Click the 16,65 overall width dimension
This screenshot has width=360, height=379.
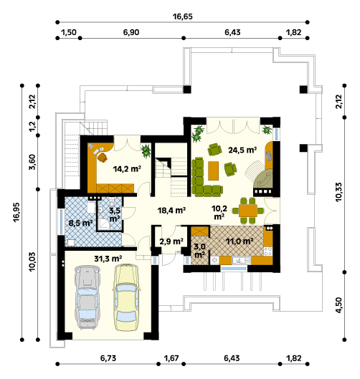coord(182,16)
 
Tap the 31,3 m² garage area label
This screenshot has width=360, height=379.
coord(108,259)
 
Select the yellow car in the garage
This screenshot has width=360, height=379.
coord(126,297)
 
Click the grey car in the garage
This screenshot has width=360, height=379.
coord(87,297)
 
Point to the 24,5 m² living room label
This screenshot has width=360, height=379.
coord(242,150)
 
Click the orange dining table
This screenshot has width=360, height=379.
coord(248,211)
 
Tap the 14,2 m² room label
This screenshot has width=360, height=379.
coord(127,168)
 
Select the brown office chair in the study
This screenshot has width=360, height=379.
coord(103,158)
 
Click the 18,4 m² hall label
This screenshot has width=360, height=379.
coord(171,211)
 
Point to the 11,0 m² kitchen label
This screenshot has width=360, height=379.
coord(240,241)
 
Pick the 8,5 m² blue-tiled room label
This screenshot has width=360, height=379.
coord(80,223)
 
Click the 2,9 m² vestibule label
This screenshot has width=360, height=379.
coord(171,241)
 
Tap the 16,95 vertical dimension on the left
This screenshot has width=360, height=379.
coord(16,212)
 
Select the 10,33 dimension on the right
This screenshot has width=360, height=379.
coord(338,192)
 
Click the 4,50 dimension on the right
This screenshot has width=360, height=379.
coord(338,305)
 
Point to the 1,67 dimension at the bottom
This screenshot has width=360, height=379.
coord(171,358)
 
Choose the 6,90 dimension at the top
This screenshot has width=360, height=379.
coord(131,32)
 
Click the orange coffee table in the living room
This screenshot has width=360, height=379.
coord(213,171)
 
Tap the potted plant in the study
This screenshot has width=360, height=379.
coord(146,151)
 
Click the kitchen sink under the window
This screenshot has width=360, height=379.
coord(239,260)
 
